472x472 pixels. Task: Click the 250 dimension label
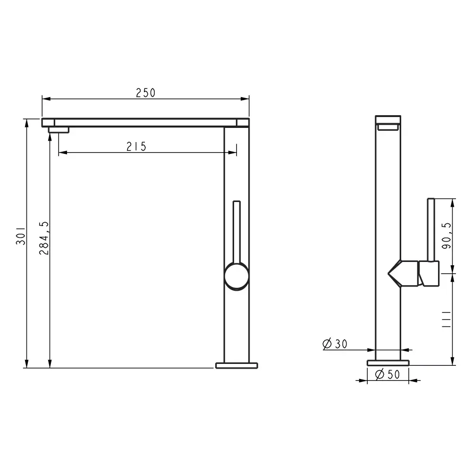(146, 93)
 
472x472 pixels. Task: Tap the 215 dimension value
(136, 147)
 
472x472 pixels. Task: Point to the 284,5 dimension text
(44, 238)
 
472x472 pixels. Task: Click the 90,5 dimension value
(447, 236)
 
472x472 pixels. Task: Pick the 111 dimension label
(446, 320)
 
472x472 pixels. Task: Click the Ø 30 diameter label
(335, 344)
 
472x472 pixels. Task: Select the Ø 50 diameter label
(388, 374)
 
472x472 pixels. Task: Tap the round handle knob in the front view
(236, 276)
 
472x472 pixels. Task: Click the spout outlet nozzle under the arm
(59, 130)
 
